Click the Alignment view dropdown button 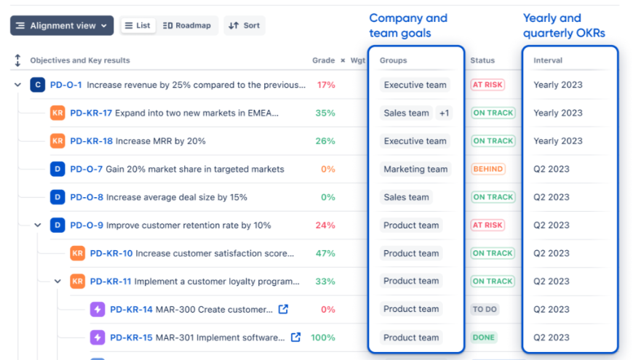[x=62, y=25]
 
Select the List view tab [x=137, y=25]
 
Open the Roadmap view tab [x=187, y=25]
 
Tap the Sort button [x=244, y=25]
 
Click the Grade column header [x=323, y=60]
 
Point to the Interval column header [x=548, y=60]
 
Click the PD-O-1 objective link [x=65, y=85]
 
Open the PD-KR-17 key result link [x=91, y=113]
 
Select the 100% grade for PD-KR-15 [x=323, y=337]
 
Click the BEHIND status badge [x=487, y=169]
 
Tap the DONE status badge [x=483, y=337]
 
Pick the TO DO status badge [x=485, y=309]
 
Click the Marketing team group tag [x=415, y=169]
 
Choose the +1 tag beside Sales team [x=444, y=113]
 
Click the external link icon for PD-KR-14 [x=283, y=309]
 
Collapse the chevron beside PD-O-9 [x=38, y=225]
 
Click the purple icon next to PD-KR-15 [x=97, y=337]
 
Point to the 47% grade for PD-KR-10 [x=325, y=253]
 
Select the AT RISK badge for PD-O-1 [x=487, y=85]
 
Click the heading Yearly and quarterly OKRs [x=563, y=25]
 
